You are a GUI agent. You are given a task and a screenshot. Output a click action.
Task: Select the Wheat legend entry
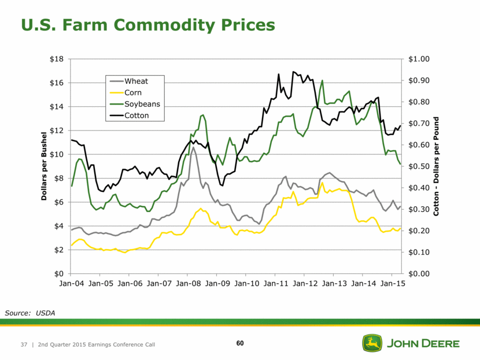pos(136,81)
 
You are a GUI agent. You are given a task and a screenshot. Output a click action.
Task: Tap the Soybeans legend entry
pos(142,104)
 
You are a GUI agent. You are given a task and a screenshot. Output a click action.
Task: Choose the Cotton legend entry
pos(137,116)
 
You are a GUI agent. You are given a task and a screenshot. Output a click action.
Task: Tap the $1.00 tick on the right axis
pos(419,59)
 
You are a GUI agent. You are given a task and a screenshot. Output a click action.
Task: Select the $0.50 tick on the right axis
pos(419,166)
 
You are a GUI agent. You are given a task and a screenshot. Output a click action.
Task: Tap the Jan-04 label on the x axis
pos(71,284)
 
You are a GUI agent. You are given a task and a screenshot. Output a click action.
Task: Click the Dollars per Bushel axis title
pos(44,167)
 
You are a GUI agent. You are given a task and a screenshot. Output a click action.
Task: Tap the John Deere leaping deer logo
pos(372,343)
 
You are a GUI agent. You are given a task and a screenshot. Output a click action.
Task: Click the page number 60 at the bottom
pos(240,344)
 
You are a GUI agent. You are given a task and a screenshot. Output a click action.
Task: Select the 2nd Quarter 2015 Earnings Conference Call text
pos(96,345)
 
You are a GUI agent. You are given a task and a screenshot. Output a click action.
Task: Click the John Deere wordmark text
pos(423,344)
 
